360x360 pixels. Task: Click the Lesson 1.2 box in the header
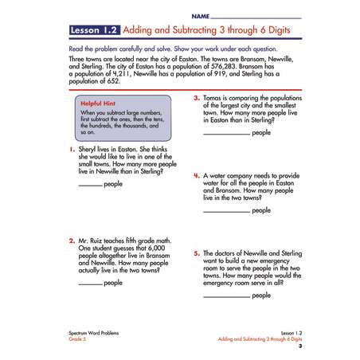coord(95,32)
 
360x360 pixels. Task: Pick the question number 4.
coord(197,174)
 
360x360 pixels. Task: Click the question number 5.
coord(197,252)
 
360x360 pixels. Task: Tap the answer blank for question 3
coord(226,134)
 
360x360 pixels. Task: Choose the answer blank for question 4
coord(226,212)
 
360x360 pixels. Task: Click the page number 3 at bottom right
coord(300,347)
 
